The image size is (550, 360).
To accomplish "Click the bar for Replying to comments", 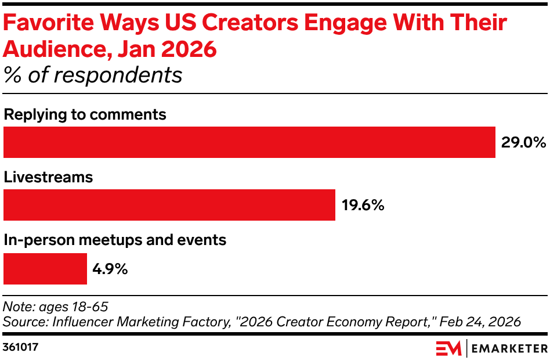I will point(249,142).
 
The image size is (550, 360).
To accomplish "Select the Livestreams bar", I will point(169,205).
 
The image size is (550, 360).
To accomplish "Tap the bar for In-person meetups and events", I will point(45,269).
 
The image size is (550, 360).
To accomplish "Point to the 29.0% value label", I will point(523,143).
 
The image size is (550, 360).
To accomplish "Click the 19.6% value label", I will point(363,206).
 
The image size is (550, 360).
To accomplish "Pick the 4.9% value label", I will point(110,269).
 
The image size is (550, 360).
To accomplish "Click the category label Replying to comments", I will point(85,114).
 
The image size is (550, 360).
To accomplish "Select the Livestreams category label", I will point(48,177).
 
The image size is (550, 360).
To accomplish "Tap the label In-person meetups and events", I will point(115,239).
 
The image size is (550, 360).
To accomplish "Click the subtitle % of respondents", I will point(93,75).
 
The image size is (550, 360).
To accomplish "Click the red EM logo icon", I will point(448,348).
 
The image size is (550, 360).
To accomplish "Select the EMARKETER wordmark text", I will point(510,348).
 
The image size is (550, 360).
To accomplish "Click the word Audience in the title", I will point(56,50).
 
